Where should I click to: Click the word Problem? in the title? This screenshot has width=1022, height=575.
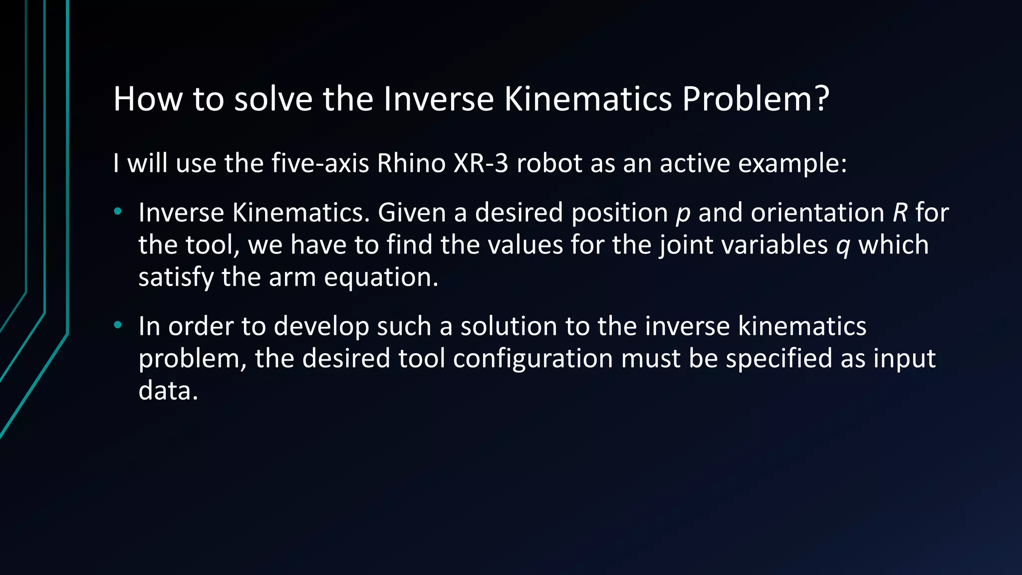coord(756,99)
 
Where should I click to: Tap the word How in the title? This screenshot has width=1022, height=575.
coord(148,99)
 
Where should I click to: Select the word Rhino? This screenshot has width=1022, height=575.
coord(411,163)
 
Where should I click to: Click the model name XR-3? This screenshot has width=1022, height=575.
coord(481,163)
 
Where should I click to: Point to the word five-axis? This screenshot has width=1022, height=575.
coord(320,163)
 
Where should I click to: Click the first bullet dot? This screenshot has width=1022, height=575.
coord(118,212)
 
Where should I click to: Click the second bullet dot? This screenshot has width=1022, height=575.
coord(118,325)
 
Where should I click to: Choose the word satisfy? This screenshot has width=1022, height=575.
coord(176,278)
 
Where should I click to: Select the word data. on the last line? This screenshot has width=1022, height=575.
coord(168,391)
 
